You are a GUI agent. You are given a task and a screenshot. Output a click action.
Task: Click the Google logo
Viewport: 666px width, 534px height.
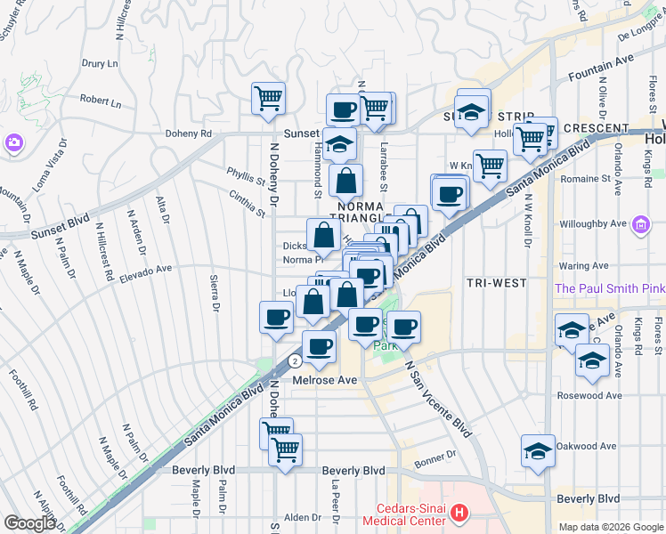click(x=30, y=523)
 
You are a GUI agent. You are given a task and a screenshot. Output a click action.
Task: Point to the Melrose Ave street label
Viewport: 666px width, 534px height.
click(x=325, y=380)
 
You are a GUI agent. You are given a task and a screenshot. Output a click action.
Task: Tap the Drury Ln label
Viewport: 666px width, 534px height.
click(x=100, y=64)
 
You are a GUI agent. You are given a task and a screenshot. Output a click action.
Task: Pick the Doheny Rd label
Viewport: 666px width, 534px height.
click(x=187, y=134)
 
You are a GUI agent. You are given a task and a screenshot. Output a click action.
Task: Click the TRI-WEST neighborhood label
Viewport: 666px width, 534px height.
click(x=496, y=283)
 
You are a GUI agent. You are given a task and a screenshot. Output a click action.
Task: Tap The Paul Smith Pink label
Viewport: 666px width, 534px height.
click(x=610, y=289)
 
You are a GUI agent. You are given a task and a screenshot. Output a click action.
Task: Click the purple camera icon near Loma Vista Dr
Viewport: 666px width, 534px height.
click(x=13, y=142)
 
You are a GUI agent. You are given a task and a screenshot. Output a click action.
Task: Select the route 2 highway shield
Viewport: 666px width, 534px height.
click(x=294, y=361)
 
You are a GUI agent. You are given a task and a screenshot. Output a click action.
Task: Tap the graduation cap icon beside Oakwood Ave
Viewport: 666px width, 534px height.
click(x=538, y=453)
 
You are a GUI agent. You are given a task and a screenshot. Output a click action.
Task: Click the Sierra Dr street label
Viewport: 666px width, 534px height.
click(x=214, y=295)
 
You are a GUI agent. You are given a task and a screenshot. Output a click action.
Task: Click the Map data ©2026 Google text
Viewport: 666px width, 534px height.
click(x=611, y=527)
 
